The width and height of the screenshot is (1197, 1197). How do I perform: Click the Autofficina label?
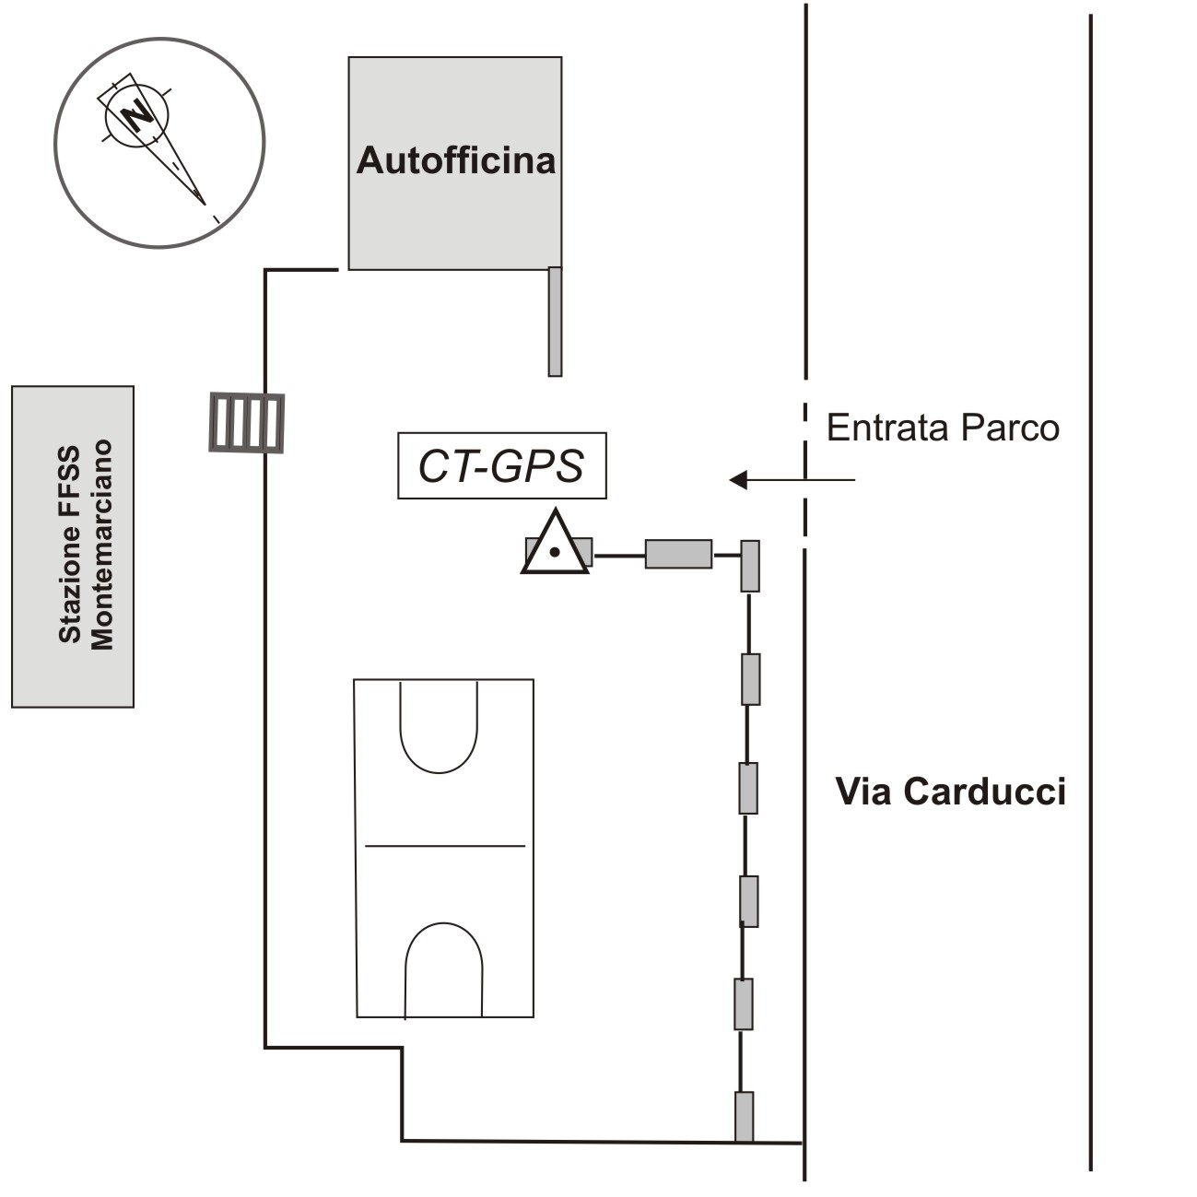456,160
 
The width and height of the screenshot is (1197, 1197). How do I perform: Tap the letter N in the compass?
138,116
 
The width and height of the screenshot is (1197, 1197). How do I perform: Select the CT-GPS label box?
502,465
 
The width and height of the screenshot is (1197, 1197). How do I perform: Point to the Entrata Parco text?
943,428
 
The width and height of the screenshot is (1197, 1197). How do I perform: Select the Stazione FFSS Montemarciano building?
73,546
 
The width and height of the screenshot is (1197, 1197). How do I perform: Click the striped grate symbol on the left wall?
246,422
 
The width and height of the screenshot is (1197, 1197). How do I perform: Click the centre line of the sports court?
445,845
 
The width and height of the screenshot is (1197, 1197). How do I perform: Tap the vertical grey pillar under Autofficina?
555,321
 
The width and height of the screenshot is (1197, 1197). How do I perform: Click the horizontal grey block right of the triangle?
678,554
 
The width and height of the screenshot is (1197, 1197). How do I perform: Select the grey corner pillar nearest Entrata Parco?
750,566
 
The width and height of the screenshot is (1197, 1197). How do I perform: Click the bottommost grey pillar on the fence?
744,1117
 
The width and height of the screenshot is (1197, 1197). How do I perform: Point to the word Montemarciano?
102,546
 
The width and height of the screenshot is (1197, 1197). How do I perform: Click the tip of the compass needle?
204,203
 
